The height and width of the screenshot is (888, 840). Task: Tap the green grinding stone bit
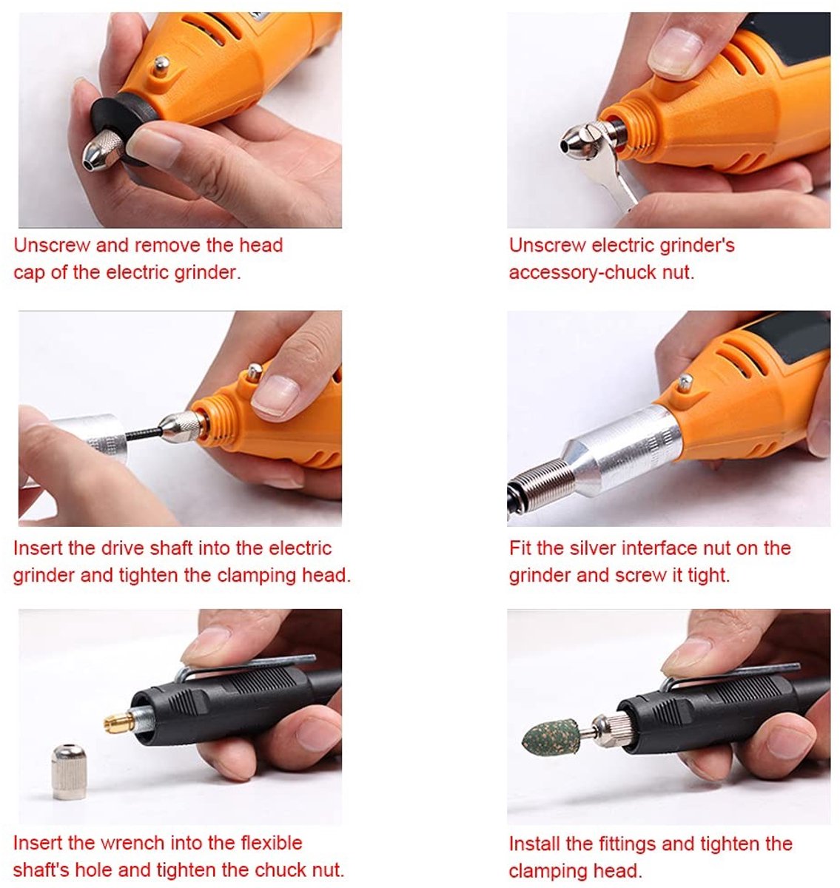point(551,737)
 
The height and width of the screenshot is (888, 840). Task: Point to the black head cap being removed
point(120,127)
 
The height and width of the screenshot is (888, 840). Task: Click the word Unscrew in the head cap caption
point(52,245)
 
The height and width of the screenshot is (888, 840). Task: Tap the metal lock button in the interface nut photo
point(685,383)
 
